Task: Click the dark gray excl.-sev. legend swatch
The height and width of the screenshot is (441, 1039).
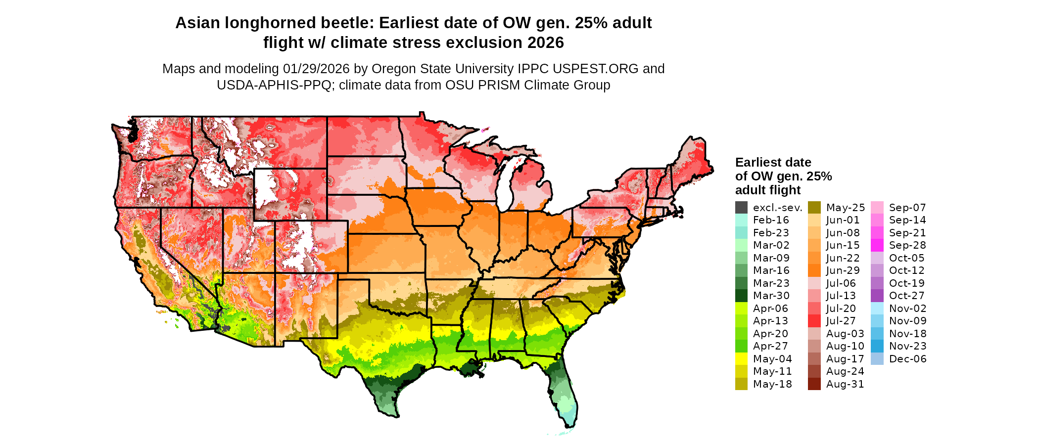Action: coord(741,208)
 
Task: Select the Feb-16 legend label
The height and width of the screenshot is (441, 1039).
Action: coord(771,220)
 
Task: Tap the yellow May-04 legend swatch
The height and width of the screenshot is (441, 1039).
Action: coord(741,359)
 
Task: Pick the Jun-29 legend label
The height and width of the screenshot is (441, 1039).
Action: coord(843,270)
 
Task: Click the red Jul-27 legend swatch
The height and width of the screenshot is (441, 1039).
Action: coord(814,321)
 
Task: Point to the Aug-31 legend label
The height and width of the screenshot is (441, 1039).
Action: coord(845,384)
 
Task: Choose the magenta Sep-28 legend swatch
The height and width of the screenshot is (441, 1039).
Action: coord(877,245)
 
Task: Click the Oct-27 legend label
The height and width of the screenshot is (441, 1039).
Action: coord(906,296)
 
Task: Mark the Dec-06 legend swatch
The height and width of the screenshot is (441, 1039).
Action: coord(877,359)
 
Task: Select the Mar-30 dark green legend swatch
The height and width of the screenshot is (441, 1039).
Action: coord(741,296)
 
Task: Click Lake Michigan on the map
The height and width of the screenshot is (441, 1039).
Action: coord(504,183)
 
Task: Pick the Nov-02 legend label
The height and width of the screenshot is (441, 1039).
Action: coord(907,309)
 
